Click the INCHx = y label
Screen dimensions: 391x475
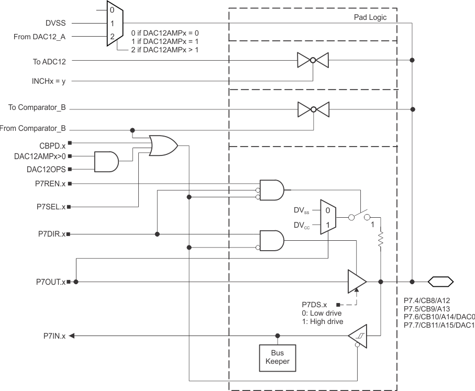(x=52, y=81)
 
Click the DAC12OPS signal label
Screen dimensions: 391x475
(x=46, y=169)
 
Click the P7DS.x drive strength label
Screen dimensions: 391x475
(x=314, y=304)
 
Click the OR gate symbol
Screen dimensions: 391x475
(x=163, y=145)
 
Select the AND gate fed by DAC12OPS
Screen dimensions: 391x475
(x=106, y=162)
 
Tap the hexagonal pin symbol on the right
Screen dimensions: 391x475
(x=440, y=282)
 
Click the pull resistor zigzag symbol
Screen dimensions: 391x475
(x=381, y=240)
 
